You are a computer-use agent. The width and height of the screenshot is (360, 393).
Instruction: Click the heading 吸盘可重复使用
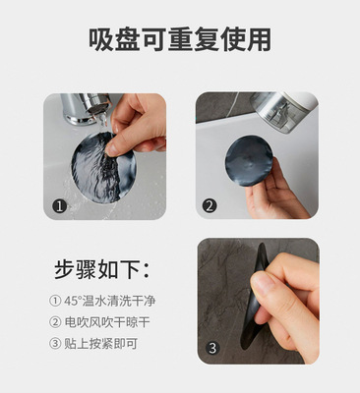[180, 39]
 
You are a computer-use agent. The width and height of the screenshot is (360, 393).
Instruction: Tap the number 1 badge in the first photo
[60, 206]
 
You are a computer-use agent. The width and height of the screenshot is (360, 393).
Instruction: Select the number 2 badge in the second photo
[210, 206]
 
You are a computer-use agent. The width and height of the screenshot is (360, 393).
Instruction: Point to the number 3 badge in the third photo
[212, 348]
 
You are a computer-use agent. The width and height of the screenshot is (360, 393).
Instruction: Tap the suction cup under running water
[103, 168]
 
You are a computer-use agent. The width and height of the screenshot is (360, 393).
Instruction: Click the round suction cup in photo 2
[249, 161]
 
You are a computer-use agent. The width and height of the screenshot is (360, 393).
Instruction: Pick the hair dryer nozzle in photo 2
[284, 111]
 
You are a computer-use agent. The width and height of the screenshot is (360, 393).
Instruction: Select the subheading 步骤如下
[102, 269]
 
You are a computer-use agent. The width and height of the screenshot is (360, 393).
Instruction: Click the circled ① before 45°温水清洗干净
[55, 301]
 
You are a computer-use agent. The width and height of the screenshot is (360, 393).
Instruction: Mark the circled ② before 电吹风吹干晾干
[55, 322]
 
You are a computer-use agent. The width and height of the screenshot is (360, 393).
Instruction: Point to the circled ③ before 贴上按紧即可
[55, 344]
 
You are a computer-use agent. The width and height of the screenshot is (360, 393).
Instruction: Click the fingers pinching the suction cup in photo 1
[136, 126]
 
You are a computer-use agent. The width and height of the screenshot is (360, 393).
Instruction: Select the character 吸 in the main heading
[101, 39]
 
